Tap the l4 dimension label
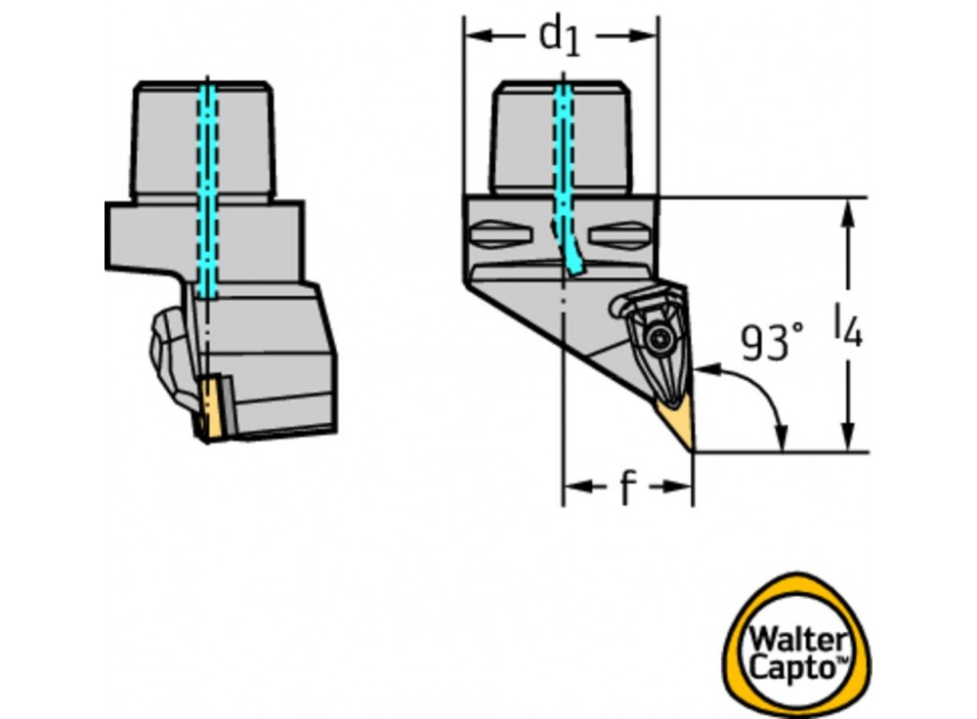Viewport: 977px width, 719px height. point(848,325)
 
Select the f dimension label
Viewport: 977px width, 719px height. point(626,487)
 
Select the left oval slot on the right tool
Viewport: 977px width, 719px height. point(499,235)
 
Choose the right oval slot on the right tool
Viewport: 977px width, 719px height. point(622,234)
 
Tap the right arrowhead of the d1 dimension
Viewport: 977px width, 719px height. point(652,36)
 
